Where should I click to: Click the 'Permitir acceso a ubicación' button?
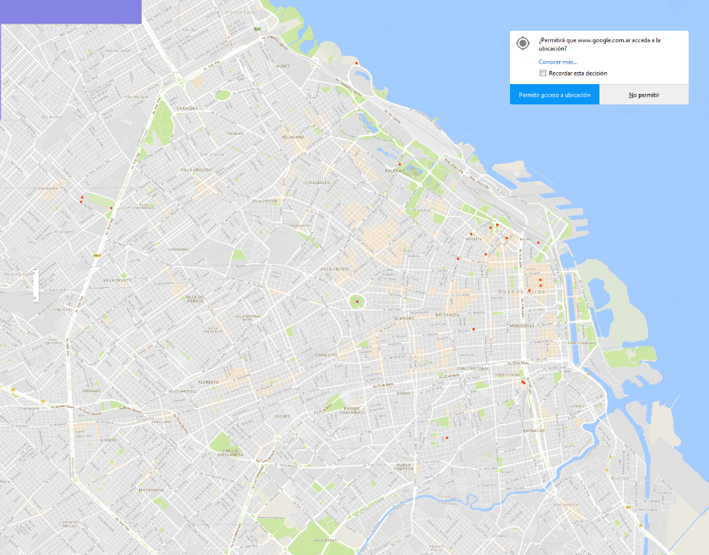(x=555, y=95)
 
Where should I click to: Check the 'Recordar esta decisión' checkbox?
(x=543, y=73)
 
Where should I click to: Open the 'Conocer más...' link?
(x=558, y=62)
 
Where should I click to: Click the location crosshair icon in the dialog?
(x=523, y=43)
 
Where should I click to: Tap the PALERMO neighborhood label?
(x=386, y=171)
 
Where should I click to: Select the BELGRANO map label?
(x=293, y=137)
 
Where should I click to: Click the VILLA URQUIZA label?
(x=197, y=169)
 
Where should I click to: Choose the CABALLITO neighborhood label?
(x=326, y=355)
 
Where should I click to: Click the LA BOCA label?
(x=577, y=406)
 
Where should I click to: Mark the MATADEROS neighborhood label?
(x=150, y=490)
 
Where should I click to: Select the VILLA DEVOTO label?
(x=118, y=280)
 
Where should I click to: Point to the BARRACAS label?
(x=534, y=430)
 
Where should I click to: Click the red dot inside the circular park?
(x=357, y=301)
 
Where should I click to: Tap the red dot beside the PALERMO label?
(x=399, y=164)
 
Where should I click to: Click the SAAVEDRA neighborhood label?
(x=187, y=108)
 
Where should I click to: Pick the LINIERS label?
(x=108, y=440)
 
